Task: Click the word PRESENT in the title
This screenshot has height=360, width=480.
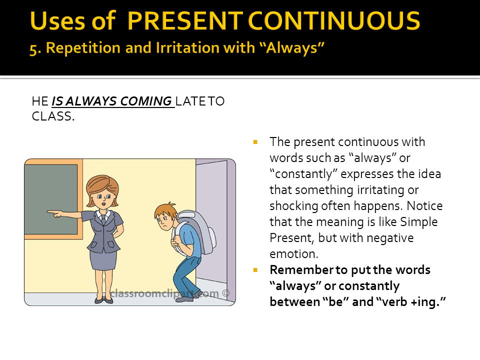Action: pos(185,21)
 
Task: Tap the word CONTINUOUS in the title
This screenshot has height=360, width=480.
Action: pos(334,21)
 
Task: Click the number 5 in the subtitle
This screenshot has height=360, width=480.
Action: pos(33,48)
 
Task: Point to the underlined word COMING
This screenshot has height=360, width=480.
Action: pos(145,101)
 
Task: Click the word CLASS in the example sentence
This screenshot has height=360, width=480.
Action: pos(51,116)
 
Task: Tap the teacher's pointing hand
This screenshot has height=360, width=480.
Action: pos(55,213)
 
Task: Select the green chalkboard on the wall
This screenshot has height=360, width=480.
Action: pos(51,199)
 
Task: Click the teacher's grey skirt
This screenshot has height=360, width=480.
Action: pos(103,259)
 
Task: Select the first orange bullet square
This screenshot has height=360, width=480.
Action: pos(255,142)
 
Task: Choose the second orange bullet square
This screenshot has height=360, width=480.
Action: pos(255,270)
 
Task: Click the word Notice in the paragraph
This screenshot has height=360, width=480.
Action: pos(424,205)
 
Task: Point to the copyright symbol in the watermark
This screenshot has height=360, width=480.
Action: pos(225,293)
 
